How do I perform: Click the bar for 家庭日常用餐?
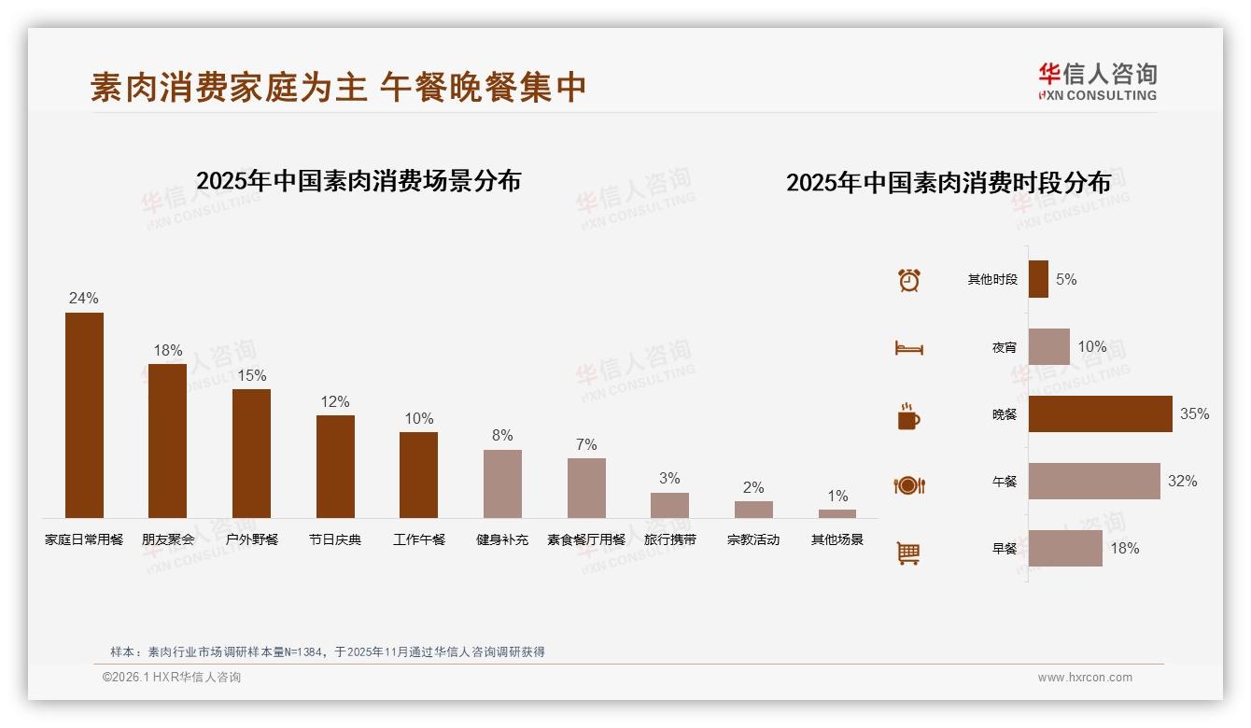tap(84, 415)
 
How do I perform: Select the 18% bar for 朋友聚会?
tap(168, 441)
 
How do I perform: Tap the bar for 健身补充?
tap(502, 483)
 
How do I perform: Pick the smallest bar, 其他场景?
tap(837, 513)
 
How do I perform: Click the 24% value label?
tap(83, 299)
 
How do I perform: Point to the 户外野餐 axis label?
tap(252, 539)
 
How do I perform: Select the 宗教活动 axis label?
tap(753, 539)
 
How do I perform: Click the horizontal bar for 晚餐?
tap(1100, 414)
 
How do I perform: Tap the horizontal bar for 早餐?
tap(1065, 549)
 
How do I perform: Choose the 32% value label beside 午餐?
tap(1182, 482)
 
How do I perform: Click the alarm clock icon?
tap(908, 280)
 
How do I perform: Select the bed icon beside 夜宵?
tap(908, 348)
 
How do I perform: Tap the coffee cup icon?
tap(908, 416)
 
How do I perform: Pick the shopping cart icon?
tap(908, 553)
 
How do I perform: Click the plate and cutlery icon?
tap(908, 485)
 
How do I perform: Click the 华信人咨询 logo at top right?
tap(1097, 82)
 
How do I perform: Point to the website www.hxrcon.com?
tap(1085, 678)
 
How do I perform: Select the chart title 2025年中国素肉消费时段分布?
tap(949, 182)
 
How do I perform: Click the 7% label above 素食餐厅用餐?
tap(586, 445)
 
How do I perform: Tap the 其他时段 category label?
tap(992, 280)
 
